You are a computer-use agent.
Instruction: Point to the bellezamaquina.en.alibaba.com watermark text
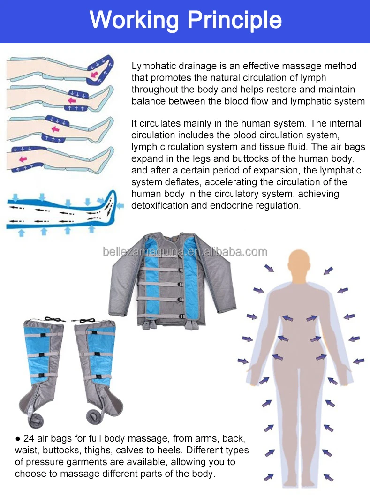point(185,252)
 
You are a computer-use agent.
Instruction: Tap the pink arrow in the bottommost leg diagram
point(22,160)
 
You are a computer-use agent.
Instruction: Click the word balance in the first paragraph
point(147,101)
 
